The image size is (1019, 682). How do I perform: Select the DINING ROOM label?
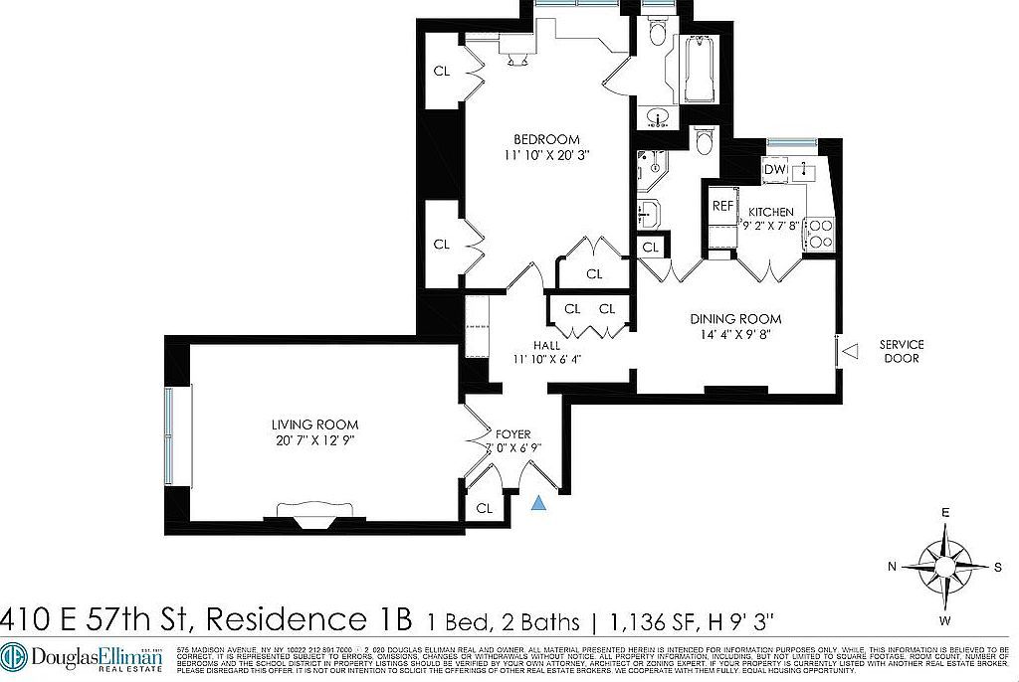pos(735,319)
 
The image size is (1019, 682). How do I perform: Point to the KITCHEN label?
pos(771,212)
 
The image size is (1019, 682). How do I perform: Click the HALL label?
pos(545,345)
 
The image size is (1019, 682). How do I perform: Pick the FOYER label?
pos(513,434)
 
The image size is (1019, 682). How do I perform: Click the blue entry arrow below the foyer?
pos(538,504)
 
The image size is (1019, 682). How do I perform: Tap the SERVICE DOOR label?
pos(902,351)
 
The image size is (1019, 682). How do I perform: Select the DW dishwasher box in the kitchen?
pos(774,170)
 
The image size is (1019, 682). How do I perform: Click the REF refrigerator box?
pos(722,206)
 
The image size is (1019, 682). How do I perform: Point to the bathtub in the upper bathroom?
pos(700,70)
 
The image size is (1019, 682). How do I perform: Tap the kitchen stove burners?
pos(819,233)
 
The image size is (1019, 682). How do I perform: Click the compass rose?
pos(944,566)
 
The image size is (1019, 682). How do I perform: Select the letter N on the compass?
pos(894,566)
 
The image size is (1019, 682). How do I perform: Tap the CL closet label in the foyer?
pos(485,508)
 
